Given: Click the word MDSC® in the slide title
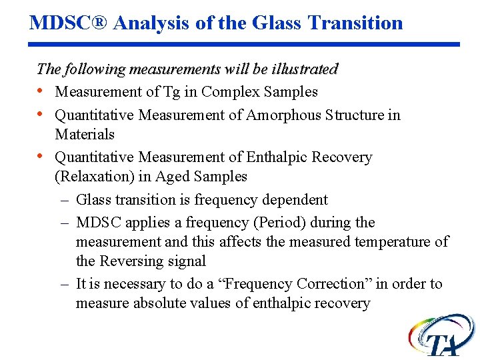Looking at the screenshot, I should pos(69,23).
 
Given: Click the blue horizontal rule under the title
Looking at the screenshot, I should pos(245,45).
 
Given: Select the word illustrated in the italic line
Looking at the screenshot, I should pos(305,69).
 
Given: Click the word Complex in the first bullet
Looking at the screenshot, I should pos(227,91).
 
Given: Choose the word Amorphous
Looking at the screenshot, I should pos(284,115).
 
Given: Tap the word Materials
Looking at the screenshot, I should pos(85,134).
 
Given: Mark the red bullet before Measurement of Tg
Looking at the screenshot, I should pos(41,91).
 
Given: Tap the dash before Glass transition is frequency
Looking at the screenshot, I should pos(65,199).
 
